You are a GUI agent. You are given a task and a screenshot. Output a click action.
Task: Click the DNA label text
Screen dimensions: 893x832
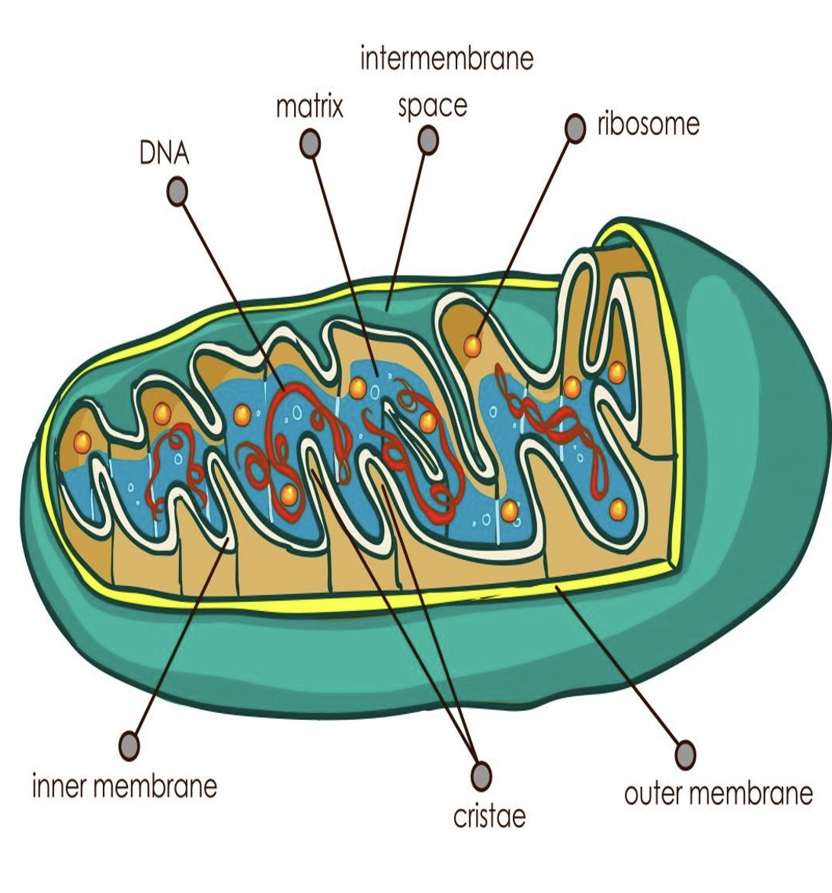tap(164, 153)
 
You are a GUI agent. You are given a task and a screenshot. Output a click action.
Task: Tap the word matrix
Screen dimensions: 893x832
tap(309, 107)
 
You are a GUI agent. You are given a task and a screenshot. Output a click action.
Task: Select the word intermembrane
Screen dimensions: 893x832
tap(446, 59)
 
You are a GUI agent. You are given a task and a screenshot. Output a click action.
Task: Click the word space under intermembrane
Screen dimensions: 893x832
tap(432, 107)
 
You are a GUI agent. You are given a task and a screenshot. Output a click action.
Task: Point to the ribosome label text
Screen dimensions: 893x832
tap(648, 124)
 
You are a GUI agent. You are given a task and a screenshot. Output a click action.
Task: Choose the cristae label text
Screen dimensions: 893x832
tap(489, 816)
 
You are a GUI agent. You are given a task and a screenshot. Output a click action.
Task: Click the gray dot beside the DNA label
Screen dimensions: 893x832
tap(177, 191)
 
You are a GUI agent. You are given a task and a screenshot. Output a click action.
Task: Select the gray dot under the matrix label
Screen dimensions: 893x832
tap(309, 143)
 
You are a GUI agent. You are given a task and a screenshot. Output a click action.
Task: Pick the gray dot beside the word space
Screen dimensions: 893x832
tap(428, 139)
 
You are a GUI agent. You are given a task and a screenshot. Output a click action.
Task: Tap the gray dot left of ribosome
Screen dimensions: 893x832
tap(574, 128)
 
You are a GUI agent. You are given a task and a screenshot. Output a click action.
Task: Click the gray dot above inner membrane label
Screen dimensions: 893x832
tap(130, 744)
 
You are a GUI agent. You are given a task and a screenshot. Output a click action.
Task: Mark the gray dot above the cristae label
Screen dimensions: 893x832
tap(481, 776)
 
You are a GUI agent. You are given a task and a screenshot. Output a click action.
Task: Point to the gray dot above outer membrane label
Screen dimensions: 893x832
tap(685, 754)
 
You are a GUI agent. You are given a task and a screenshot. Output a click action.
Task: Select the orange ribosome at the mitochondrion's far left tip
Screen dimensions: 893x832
tap(82, 440)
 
